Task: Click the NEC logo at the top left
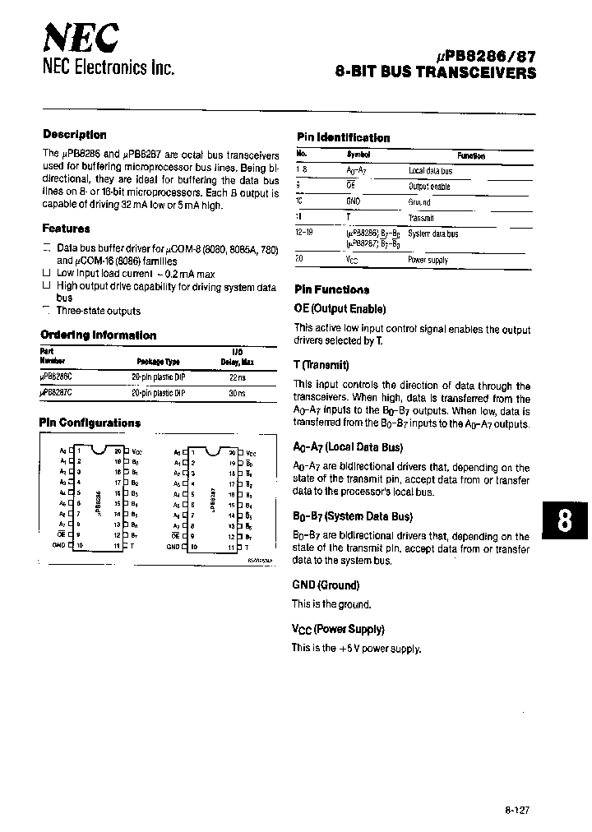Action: pos(81,37)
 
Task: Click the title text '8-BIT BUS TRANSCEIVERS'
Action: pos(436,72)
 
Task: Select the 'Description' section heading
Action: pos(74,135)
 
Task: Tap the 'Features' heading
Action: pos(66,229)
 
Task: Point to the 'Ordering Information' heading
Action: pos(98,335)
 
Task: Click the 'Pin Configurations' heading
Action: pos(90,423)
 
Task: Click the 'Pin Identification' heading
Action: pos(342,138)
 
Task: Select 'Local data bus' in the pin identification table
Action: pos(430,171)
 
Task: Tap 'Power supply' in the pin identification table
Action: pos(428,260)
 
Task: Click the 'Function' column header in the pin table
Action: pos(470,155)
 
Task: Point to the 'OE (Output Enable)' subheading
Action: pos(340,309)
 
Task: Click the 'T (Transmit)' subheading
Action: pos(321,365)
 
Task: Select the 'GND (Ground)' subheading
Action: pos(326,585)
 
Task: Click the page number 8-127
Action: pos(517,808)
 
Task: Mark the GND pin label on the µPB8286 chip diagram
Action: pos(58,545)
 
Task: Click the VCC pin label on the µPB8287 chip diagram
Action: pos(252,453)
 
